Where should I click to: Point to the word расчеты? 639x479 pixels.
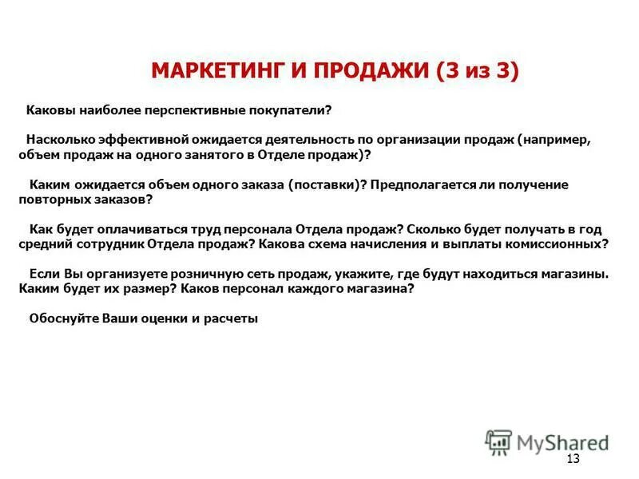pos(232,319)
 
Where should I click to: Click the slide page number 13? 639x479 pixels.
pos(573,458)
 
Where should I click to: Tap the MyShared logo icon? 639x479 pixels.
pos(498,441)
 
